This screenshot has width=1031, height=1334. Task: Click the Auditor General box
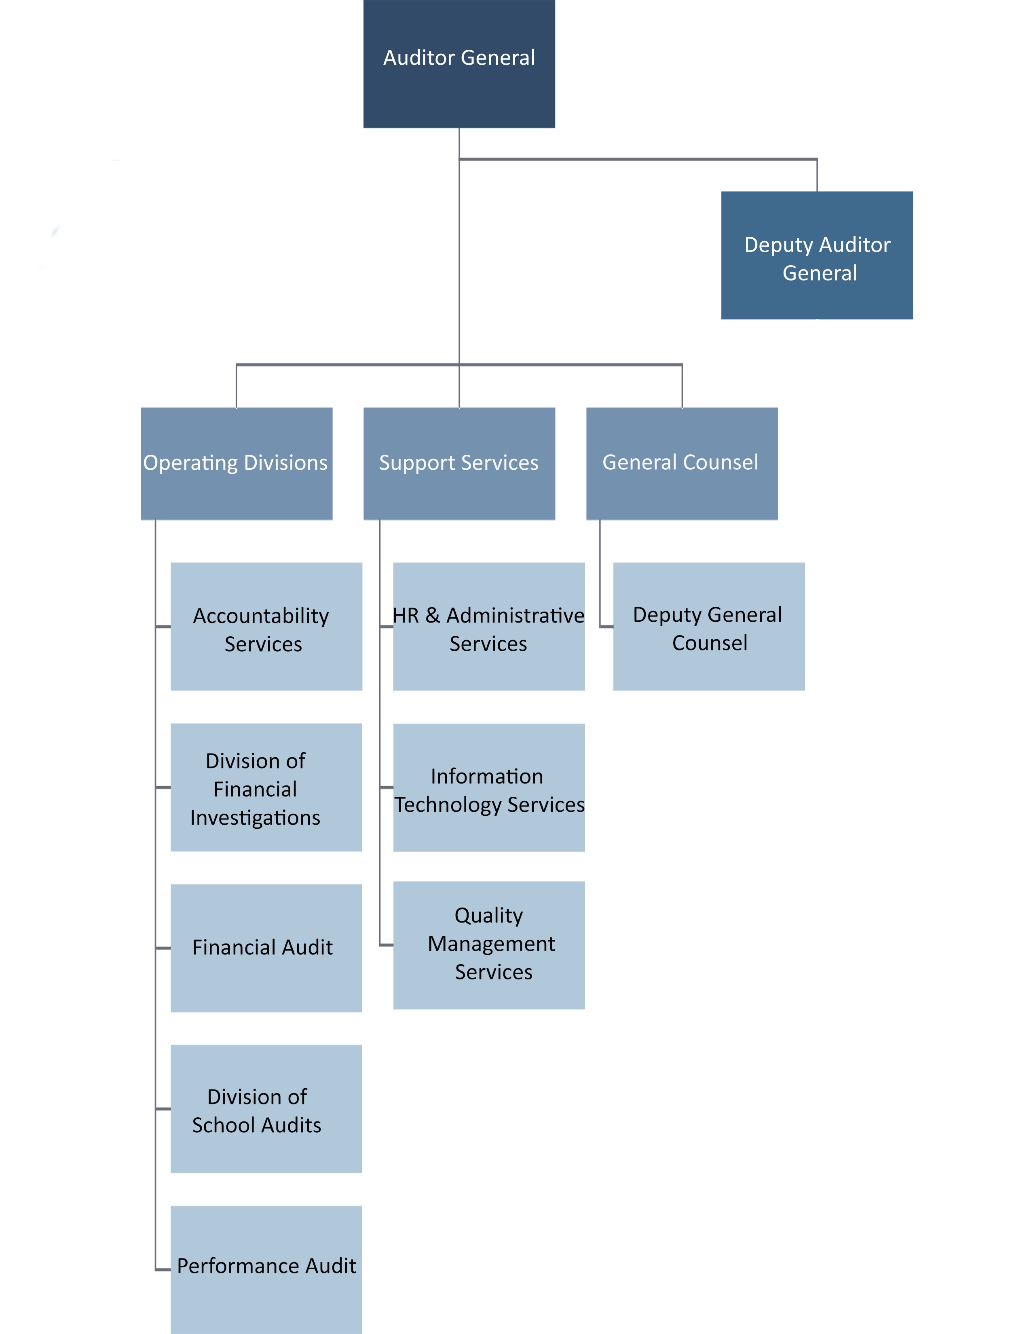tap(459, 63)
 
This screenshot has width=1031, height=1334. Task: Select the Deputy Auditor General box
tap(817, 255)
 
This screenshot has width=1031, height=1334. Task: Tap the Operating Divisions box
tap(237, 464)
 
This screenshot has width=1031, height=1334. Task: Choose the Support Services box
tap(459, 464)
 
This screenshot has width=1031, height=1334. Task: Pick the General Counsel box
tap(682, 464)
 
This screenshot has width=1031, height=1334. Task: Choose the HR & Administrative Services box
tap(489, 627)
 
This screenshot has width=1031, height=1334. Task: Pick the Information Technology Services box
tap(489, 788)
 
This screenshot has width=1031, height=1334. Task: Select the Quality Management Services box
tap(489, 945)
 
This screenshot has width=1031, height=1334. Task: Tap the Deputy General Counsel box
tap(708, 627)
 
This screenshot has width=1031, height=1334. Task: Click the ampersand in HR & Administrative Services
tap(433, 616)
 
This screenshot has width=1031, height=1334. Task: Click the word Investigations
tap(255, 818)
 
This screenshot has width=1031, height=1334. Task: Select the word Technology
tap(448, 805)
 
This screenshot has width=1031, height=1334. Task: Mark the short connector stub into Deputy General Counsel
tap(606, 627)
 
